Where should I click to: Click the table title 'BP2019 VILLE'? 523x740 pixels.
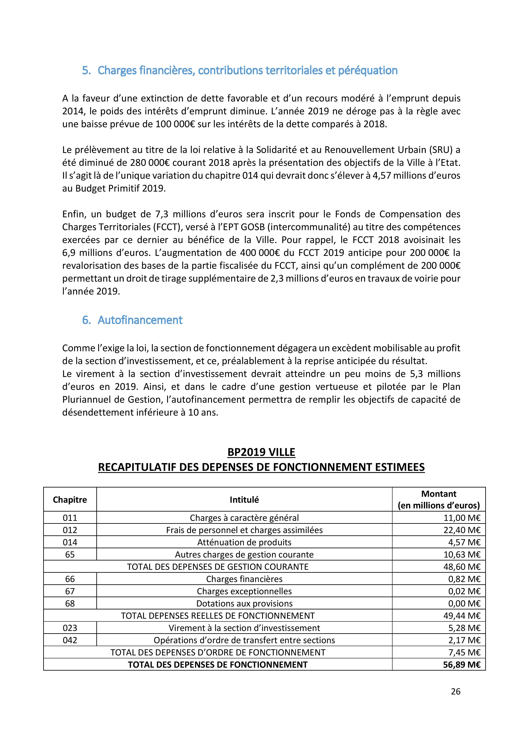261,452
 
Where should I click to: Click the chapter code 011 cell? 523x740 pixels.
70,518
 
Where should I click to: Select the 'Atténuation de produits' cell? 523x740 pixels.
244,542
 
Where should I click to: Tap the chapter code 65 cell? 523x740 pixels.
70,555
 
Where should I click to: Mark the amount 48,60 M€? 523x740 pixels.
462,567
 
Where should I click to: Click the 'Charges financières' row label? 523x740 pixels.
244,579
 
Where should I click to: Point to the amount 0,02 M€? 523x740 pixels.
464,591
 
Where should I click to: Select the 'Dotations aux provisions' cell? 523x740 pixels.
244,604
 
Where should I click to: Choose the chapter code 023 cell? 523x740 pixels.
70,628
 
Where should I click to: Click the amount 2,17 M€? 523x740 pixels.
464,640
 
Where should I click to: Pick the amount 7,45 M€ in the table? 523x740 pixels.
464,653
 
